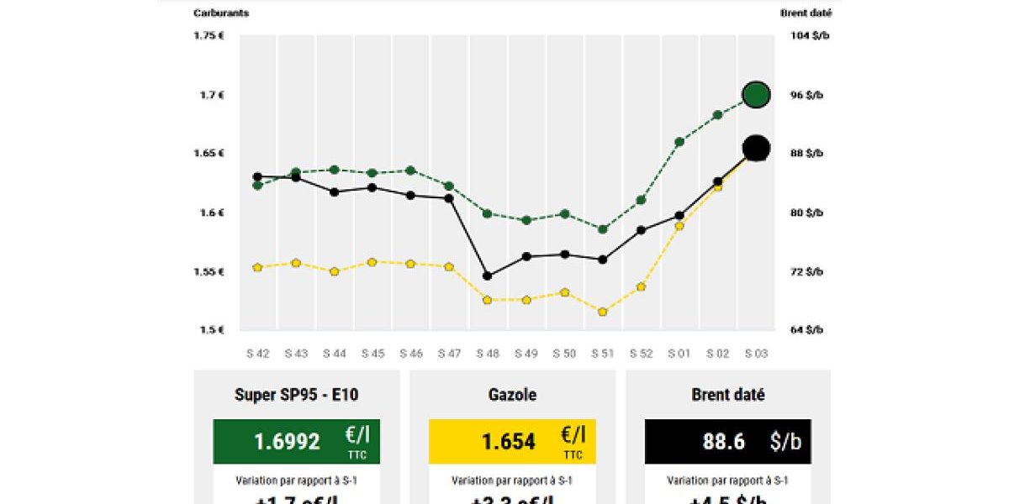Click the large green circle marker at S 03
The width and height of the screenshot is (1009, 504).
point(756,95)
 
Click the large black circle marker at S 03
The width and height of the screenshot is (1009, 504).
point(756,149)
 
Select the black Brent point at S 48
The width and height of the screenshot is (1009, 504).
point(487,276)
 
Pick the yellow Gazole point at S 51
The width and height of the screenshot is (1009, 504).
point(602,312)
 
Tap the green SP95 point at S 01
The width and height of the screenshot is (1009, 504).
point(679,142)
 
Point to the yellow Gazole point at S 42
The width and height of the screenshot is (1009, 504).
point(257,267)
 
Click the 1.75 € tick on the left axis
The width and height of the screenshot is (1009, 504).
point(209,35)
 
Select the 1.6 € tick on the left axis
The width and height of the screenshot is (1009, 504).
point(211,213)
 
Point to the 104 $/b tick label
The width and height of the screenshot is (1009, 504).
point(811,35)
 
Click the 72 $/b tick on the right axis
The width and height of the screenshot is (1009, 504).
point(807,271)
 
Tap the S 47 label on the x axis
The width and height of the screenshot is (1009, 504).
point(449,354)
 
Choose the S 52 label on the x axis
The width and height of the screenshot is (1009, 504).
point(641,354)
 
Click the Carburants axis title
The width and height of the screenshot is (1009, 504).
point(221,13)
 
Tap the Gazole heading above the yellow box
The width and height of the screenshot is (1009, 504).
point(512,395)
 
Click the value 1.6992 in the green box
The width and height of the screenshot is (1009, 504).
point(287,442)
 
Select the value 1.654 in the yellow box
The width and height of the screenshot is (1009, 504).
point(508,442)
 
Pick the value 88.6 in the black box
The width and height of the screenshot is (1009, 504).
point(723,442)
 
